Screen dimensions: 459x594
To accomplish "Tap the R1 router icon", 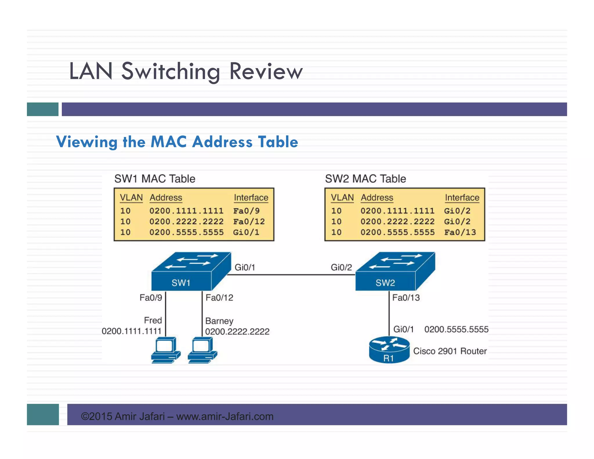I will pos(389,350).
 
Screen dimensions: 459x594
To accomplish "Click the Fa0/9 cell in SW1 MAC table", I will pos(246,211).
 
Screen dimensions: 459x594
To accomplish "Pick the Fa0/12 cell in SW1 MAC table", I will pos(249,222).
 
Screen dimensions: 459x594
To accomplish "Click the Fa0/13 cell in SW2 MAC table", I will pos(460,232).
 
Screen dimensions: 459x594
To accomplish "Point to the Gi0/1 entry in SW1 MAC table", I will pos(246,232).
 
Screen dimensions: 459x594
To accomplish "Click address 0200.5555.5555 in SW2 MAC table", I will pos(397,232).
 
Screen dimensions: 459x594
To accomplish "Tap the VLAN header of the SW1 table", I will pos(131,198).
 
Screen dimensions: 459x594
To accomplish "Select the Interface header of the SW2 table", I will pos(462,198).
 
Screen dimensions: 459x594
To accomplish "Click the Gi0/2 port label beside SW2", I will pos(341,267).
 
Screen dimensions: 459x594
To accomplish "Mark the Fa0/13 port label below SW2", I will pos(406,298).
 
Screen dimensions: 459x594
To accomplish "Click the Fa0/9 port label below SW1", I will pos(151,298).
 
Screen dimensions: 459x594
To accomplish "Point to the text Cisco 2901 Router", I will pos(450,351).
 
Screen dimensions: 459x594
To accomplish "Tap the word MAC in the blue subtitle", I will pos(169,142).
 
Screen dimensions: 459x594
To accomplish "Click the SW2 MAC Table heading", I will pos(365,179).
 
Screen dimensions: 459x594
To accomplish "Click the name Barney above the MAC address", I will pos(219,321).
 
